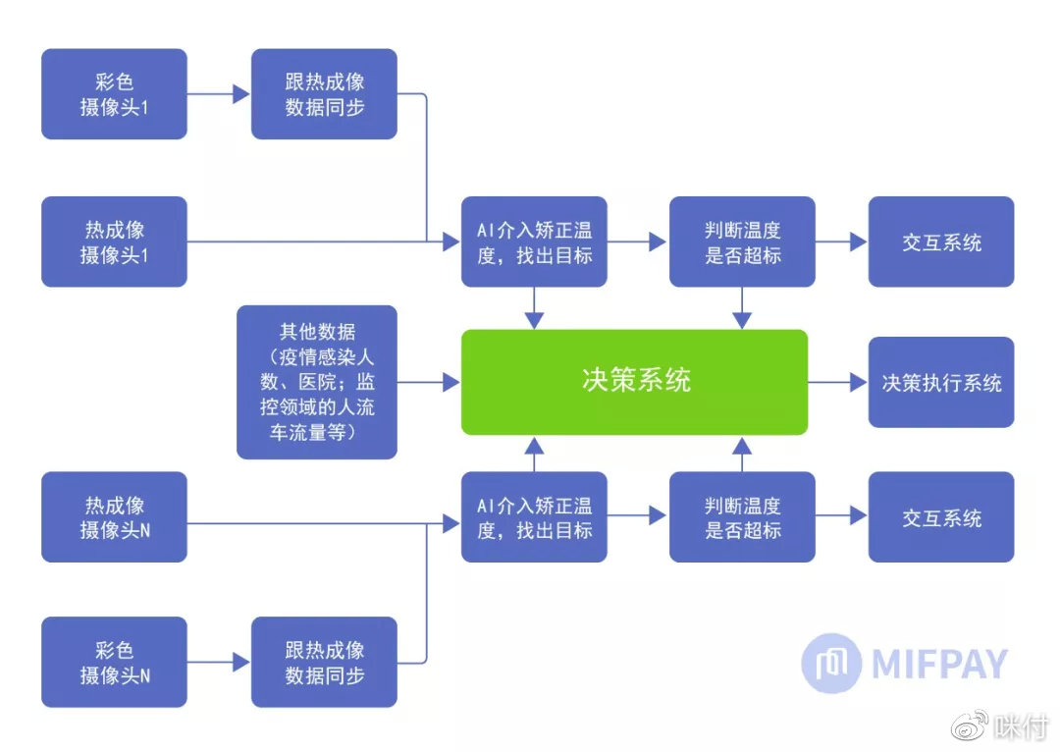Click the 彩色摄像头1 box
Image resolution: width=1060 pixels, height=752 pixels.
[114, 94]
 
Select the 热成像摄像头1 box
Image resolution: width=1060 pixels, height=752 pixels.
[114, 242]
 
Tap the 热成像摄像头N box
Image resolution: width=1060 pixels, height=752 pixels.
[114, 517]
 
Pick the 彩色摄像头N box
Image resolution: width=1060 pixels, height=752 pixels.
[114, 663]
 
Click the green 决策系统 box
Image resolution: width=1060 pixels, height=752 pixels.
[634, 382]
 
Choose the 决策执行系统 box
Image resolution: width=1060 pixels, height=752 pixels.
[940, 382]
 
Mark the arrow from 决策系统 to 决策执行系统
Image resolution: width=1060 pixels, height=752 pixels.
[837, 382]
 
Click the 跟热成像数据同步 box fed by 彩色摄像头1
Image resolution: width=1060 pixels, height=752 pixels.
[324, 94]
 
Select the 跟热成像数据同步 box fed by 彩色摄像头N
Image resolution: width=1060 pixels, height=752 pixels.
[324, 663]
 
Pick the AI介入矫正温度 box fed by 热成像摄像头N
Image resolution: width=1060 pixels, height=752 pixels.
[534, 517]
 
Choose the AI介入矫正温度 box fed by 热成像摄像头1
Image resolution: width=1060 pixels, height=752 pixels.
[534, 242]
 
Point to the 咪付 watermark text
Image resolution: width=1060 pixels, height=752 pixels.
[1021, 727]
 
